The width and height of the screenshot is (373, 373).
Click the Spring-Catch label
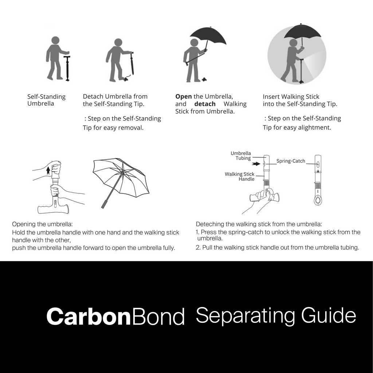(291, 161)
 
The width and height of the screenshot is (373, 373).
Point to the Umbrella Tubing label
(241, 156)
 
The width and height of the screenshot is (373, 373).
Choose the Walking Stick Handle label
(240, 177)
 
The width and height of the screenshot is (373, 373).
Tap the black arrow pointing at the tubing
(256, 164)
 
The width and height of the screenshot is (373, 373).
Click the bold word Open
(184, 97)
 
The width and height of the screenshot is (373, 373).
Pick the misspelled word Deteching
(211, 224)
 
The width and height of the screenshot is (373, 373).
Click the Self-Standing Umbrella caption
(46, 100)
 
